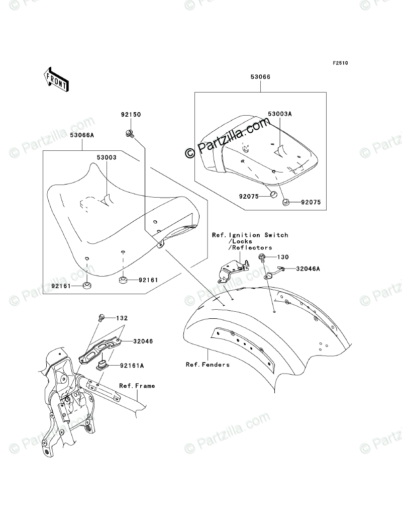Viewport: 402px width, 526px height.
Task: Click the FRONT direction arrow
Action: click(x=56, y=79)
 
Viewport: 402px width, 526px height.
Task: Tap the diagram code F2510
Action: click(x=340, y=64)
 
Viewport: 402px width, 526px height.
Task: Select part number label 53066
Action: click(x=260, y=77)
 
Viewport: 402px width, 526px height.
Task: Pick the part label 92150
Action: click(x=131, y=115)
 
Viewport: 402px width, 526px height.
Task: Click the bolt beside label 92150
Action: click(x=128, y=133)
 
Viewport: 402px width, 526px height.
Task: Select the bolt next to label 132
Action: click(x=100, y=317)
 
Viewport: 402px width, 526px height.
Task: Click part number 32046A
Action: click(x=308, y=269)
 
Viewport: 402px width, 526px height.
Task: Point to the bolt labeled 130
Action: click(x=262, y=257)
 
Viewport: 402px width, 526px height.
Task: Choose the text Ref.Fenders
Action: click(x=207, y=365)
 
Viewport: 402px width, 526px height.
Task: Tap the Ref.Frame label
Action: click(x=137, y=386)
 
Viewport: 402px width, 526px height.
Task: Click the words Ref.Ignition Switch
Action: click(x=250, y=235)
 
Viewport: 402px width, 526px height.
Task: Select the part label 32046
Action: click(x=143, y=341)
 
